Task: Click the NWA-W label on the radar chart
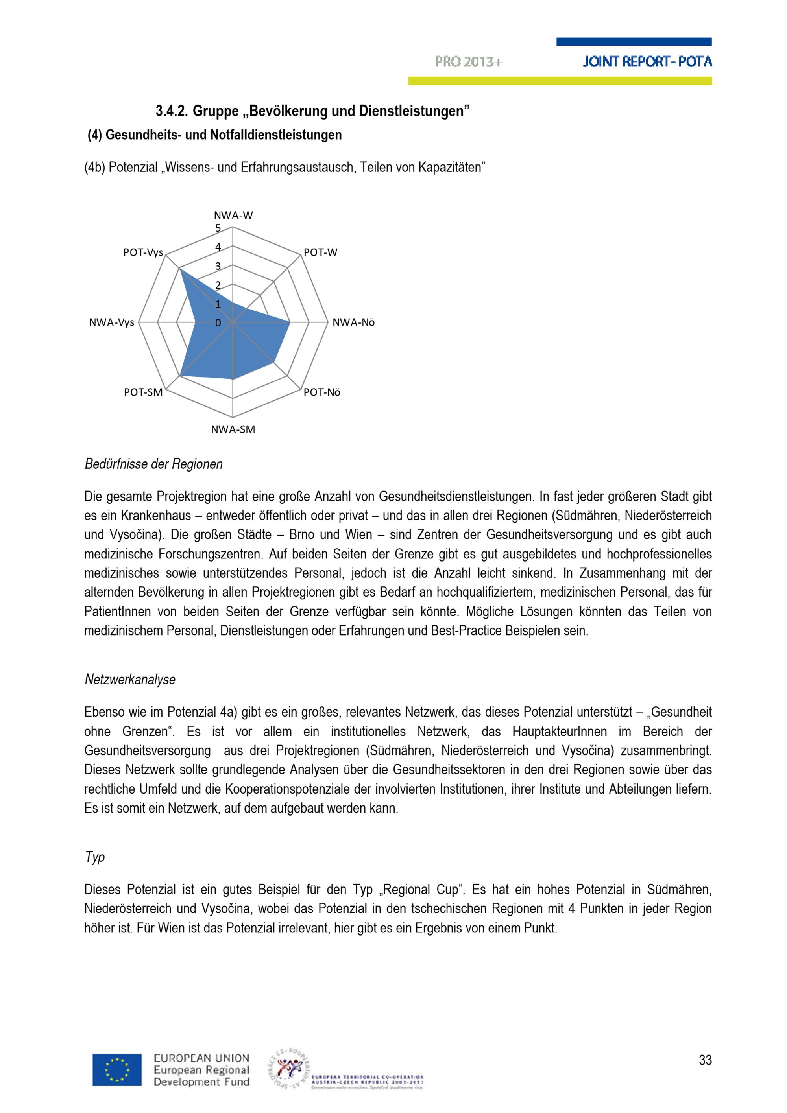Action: click(233, 215)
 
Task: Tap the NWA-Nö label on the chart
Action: click(353, 322)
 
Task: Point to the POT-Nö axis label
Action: click(321, 392)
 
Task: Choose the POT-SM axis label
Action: click(143, 392)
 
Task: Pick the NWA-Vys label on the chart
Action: click(111, 322)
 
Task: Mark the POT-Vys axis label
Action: click(143, 252)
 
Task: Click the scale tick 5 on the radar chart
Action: click(218, 228)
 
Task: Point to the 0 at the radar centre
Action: click(218, 323)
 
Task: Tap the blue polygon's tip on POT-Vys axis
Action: click(180, 269)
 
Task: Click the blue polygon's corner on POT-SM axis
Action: click(180, 376)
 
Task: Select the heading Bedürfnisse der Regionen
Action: click(154, 464)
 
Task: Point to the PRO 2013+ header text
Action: click(469, 62)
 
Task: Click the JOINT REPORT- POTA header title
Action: click(647, 62)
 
